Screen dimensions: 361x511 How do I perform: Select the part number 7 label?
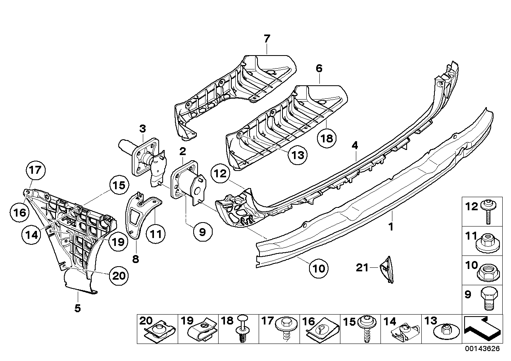[267, 38]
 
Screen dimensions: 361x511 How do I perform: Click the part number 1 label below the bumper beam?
[391, 227]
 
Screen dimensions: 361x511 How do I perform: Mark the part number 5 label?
[78, 307]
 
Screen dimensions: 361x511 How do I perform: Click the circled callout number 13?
[298, 155]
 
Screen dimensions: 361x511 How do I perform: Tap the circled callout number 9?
[202, 232]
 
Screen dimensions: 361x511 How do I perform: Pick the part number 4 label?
[354, 146]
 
